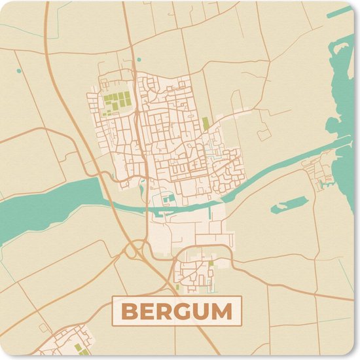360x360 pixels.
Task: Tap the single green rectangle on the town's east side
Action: (x=206, y=123)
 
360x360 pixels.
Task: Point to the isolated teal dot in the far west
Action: (x=19, y=70)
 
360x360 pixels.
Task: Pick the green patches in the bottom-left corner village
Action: (x=79, y=348)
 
